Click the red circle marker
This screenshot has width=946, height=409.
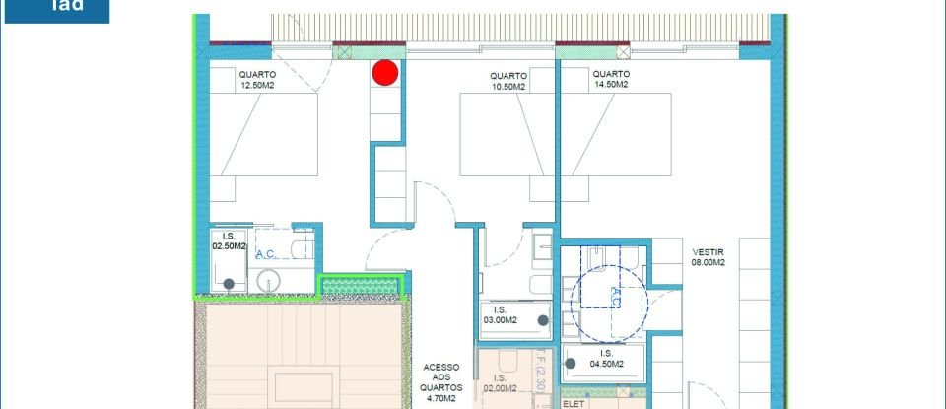click(x=385, y=72)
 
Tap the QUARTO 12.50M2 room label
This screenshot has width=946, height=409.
click(x=257, y=80)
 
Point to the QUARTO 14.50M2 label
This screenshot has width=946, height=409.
click(x=612, y=80)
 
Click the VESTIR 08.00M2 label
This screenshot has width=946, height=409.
click(x=709, y=256)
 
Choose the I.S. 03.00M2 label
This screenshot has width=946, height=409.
click(x=500, y=315)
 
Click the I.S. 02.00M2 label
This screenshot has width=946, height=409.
click(x=500, y=383)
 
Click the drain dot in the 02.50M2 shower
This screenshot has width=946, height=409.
click(x=229, y=284)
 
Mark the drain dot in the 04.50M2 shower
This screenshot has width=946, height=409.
click(x=571, y=365)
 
